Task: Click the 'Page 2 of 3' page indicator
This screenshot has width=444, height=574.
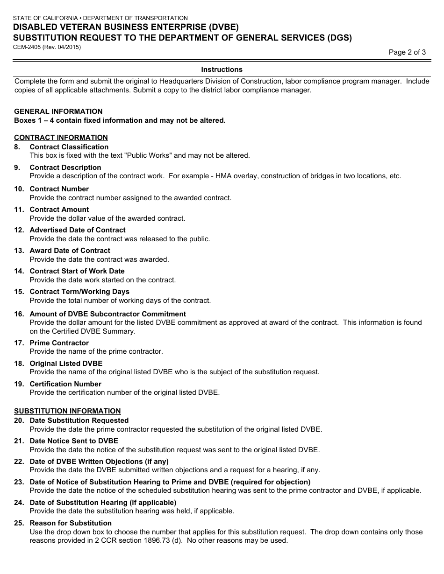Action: coord(407,52)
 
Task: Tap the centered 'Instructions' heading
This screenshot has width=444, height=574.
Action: coord(222,70)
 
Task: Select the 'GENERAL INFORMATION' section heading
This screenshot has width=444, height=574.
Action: coord(58,112)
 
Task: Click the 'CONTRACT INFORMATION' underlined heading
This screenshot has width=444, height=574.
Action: coord(61,138)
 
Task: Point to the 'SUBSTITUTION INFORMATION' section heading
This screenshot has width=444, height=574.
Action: coord(67,411)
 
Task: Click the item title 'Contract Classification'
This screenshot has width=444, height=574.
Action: coord(69,147)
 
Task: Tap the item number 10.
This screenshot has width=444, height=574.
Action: coord(19,189)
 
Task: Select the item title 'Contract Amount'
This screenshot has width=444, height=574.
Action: coord(59,210)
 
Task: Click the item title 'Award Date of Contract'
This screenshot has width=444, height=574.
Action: coord(70,251)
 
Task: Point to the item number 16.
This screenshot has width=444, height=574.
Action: coord(19,314)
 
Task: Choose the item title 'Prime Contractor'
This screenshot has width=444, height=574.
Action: coord(59,343)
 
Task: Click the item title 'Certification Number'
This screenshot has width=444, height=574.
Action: coord(65,384)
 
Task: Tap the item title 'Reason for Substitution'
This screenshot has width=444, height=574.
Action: coord(71,523)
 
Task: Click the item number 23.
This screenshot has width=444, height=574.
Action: coord(19,482)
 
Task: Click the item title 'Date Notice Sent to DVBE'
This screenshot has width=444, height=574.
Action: coord(74,441)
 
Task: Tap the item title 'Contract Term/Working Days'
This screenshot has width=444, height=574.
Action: coord(79,292)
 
